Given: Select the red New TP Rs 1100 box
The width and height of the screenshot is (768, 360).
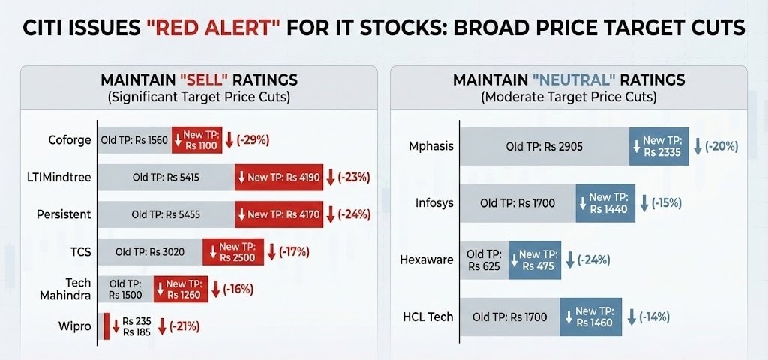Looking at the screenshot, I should [x=197, y=140].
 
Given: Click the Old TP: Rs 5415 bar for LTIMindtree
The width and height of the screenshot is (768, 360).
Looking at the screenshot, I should [x=166, y=178].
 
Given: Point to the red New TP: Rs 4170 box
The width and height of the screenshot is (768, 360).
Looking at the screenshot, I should [x=279, y=214].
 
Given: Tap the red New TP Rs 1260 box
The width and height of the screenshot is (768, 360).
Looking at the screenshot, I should [x=181, y=289].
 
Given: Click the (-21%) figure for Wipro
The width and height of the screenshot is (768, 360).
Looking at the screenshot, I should [x=184, y=326].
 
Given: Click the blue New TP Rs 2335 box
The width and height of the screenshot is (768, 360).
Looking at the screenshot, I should [x=658, y=146].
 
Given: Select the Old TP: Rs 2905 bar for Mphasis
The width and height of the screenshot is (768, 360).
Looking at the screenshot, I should [x=544, y=146].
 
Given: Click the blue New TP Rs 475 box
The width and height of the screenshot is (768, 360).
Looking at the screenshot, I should [x=535, y=259].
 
